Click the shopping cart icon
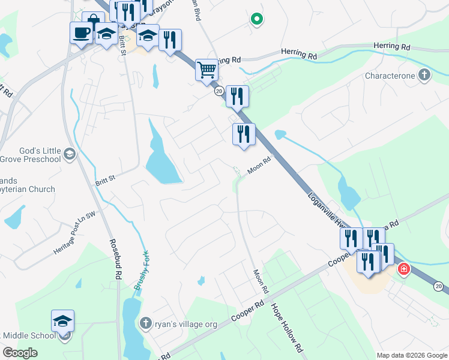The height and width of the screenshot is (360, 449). (x=206, y=69)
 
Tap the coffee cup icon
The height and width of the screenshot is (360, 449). (x=80, y=32)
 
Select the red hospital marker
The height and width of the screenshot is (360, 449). (x=403, y=268)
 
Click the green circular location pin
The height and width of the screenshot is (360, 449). (x=256, y=20)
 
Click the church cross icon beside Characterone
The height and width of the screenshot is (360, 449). (x=424, y=75)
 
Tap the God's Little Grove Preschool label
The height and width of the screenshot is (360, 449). (x=30, y=154)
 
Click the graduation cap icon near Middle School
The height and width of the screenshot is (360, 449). (x=62, y=320)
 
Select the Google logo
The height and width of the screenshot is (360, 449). (x=20, y=353)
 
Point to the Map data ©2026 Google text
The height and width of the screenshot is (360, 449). (x=411, y=355)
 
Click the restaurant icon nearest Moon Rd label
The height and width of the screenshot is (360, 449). (x=244, y=134)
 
